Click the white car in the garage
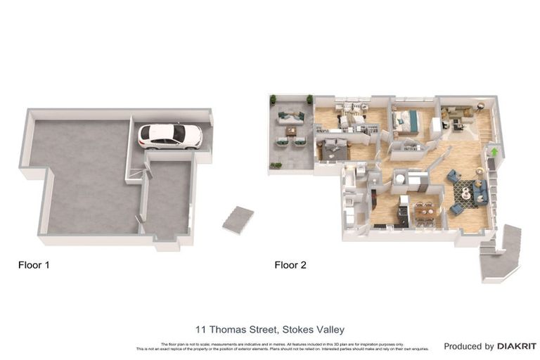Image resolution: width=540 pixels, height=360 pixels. [x=169, y=136]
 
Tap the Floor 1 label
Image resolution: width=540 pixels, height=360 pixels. [x=33, y=265]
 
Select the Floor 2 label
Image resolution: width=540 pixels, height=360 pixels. [x=290, y=265]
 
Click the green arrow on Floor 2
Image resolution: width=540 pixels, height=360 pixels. [x=494, y=150]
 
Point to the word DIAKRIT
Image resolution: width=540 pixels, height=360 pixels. [x=517, y=346]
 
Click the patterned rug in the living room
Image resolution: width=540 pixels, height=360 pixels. [x=465, y=191]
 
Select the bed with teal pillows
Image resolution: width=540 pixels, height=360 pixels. [x=406, y=121]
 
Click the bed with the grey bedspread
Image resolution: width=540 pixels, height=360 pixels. [x=333, y=149]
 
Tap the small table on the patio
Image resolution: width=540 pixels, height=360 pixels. [x=291, y=131]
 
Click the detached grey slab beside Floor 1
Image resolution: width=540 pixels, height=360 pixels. [x=238, y=220]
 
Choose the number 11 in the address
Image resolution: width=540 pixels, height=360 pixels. [x=200, y=329]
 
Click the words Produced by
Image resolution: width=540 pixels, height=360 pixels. [x=469, y=346]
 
